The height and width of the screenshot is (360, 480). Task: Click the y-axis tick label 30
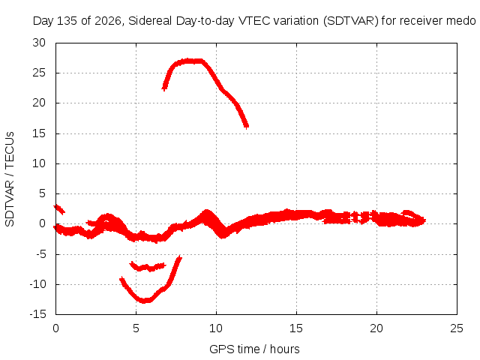[x=39, y=43]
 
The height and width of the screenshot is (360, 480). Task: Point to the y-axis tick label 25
[x=39, y=73]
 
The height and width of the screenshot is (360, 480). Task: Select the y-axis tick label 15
[x=39, y=133]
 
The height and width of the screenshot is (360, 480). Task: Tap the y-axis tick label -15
[x=37, y=314]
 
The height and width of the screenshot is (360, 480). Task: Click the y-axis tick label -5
[x=40, y=254]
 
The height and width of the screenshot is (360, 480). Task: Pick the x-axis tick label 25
[x=457, y=328]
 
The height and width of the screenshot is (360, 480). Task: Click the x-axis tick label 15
[x=296, y=328]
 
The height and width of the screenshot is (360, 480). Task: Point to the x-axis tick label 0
[x=55, y=328]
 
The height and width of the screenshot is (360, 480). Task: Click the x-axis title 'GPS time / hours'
[x=254, y=349]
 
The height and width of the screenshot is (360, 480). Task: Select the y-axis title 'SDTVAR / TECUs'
[x=10, y=179]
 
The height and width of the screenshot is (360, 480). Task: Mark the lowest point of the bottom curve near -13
[x=145, y=301]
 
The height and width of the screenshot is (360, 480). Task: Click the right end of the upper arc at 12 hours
[x=247, y=126]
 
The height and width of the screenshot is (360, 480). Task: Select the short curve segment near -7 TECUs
[x=148, y=267]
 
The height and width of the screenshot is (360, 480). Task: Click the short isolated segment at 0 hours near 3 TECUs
[x=59, y=209]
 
